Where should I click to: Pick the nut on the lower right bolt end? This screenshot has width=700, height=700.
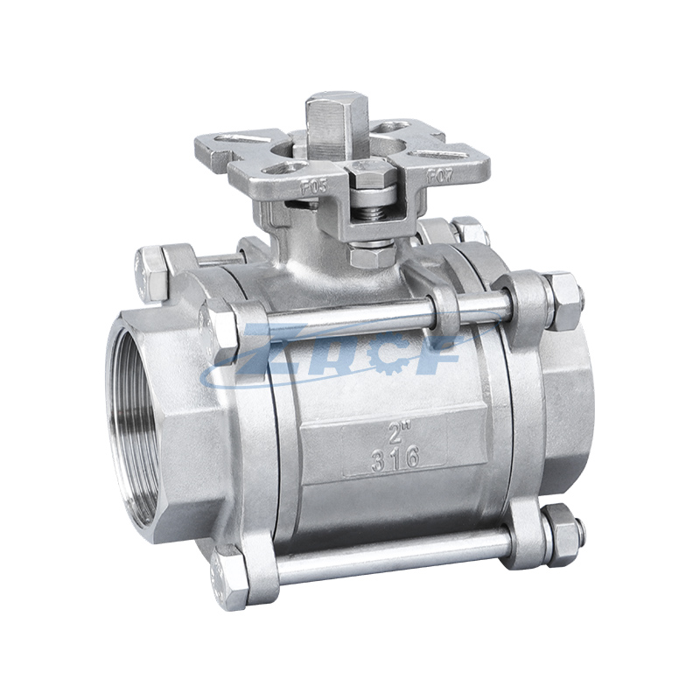tap(561, 526)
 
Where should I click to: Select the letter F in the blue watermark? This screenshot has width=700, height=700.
tap(442, 354)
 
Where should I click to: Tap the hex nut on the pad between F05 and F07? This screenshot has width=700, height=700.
tap(372, 175)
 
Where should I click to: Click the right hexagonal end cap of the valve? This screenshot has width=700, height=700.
tap(573, 411)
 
